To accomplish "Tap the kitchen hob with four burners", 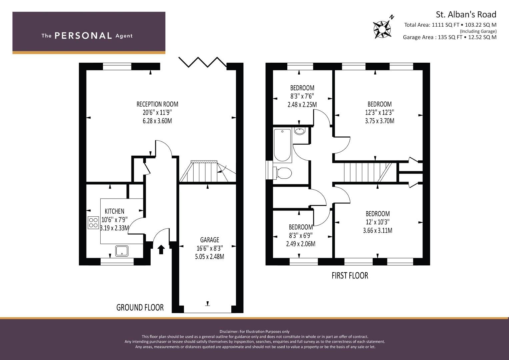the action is pos(93,223).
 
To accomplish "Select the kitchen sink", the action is pos(122,251).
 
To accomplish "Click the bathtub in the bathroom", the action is pos(282,145).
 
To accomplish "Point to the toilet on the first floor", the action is pos(282,173).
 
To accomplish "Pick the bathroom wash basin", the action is pos(299,131).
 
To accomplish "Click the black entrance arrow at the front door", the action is pos(161,249).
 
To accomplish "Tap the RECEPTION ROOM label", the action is pos(157,104).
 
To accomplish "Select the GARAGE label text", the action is pos(210,240).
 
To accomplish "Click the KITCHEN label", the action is pos(115,211).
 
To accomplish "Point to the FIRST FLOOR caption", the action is pos(350,275).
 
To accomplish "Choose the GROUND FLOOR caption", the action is pos(140,307).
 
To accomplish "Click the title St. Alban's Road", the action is pos(466,14).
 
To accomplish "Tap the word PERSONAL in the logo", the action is pos(83,36).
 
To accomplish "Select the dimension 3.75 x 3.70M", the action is pos(379,121).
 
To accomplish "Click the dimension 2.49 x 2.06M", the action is pos(301,244).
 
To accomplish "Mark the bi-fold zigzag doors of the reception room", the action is pos(203,62).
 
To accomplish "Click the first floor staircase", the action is pos(368,172).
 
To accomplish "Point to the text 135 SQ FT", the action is pos(450,37).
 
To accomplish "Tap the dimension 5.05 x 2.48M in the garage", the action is pos(210,257).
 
